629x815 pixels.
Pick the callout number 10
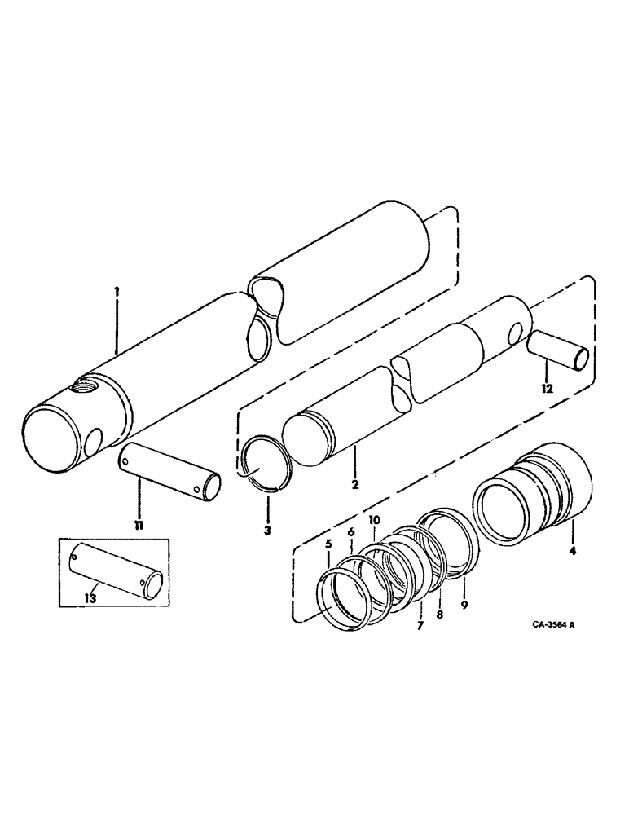coord(374,520)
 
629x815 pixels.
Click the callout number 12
coord(545,389)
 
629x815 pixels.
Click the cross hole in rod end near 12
coord(514,333)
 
